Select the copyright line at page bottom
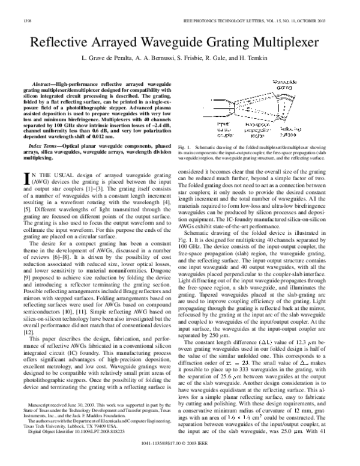tap(180, 458)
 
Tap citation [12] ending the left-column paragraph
tap(27, 332)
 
